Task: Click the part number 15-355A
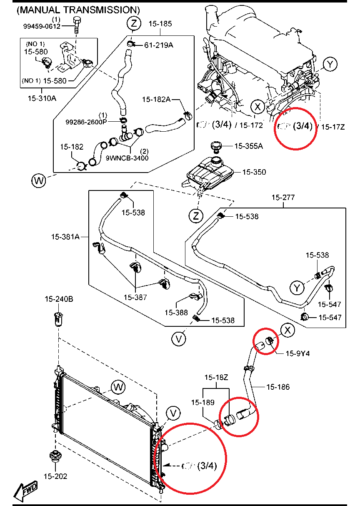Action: click(248, 146)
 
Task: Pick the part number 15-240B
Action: click(59, 299)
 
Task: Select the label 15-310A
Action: click(42, 99)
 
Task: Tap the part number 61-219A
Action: click(159, 45)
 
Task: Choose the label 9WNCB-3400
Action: click(127, 158)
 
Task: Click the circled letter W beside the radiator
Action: click(118, 387)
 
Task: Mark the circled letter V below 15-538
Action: click(179, 339)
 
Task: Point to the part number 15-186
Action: click(278, 387)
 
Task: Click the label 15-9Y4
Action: click(297, 353)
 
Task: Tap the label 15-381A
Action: click(65, 236)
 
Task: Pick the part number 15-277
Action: click(283, 197)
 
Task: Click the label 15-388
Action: click(176, 312)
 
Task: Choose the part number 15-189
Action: click(203, 402)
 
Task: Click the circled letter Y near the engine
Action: click(330, 64)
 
